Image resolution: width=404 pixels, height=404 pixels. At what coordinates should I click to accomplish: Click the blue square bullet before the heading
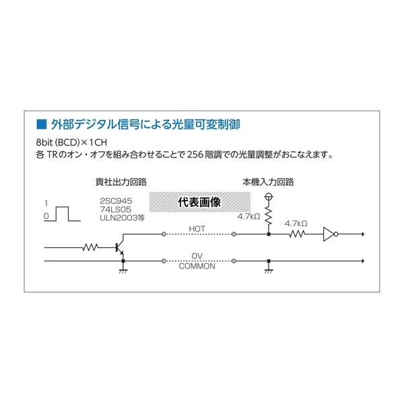click(x=42, y=124)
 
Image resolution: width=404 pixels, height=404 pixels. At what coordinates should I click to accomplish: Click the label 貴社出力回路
click(x=121, y=182)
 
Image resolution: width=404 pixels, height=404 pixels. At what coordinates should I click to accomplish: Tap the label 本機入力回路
click(x=268, y=182)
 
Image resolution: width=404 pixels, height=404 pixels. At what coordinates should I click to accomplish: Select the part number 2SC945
click(x=116, y=201)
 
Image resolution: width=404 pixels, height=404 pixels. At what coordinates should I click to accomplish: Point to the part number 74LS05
click(x=115, y=209)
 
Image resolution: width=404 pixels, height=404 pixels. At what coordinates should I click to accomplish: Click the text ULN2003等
click(x=123, y=218)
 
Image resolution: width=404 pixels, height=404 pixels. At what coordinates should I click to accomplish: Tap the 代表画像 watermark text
click(x=199, y=202)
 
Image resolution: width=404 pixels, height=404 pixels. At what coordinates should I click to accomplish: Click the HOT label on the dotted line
click(x=197, y=229)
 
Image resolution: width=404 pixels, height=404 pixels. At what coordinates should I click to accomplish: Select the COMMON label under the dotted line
click(x=197, y=266)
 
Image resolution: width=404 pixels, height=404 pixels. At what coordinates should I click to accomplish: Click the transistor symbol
click(x=120, y=247)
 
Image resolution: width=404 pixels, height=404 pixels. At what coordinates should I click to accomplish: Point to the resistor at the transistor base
click(x=90, y=247)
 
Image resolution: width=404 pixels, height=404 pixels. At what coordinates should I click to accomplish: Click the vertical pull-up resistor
click(x=269, y=216)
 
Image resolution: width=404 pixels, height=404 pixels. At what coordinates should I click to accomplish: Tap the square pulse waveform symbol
click(x=62, y=214)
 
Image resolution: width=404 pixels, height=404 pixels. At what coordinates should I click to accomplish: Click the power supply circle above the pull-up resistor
click(x=269, y=197)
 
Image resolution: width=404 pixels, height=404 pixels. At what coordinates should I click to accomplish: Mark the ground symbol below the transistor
click(x=123, y=270)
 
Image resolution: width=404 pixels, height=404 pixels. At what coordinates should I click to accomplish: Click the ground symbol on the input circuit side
click(x=269, y=270)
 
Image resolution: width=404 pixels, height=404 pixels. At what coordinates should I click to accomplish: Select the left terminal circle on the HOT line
click(x=164, y=234)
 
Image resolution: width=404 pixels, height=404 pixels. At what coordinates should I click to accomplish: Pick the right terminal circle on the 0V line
click(x=234, y=261)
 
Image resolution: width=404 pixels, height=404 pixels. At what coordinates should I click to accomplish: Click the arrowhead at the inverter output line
click(x=363, y=234)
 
